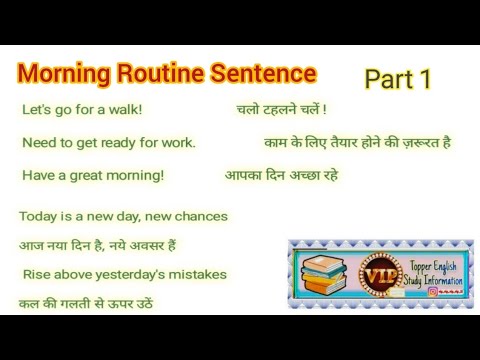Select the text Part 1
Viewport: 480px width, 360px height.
click(397, 80)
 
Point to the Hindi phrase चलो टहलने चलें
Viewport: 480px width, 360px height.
click(281, 109)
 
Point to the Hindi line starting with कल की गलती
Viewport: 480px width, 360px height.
click(85, 303)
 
